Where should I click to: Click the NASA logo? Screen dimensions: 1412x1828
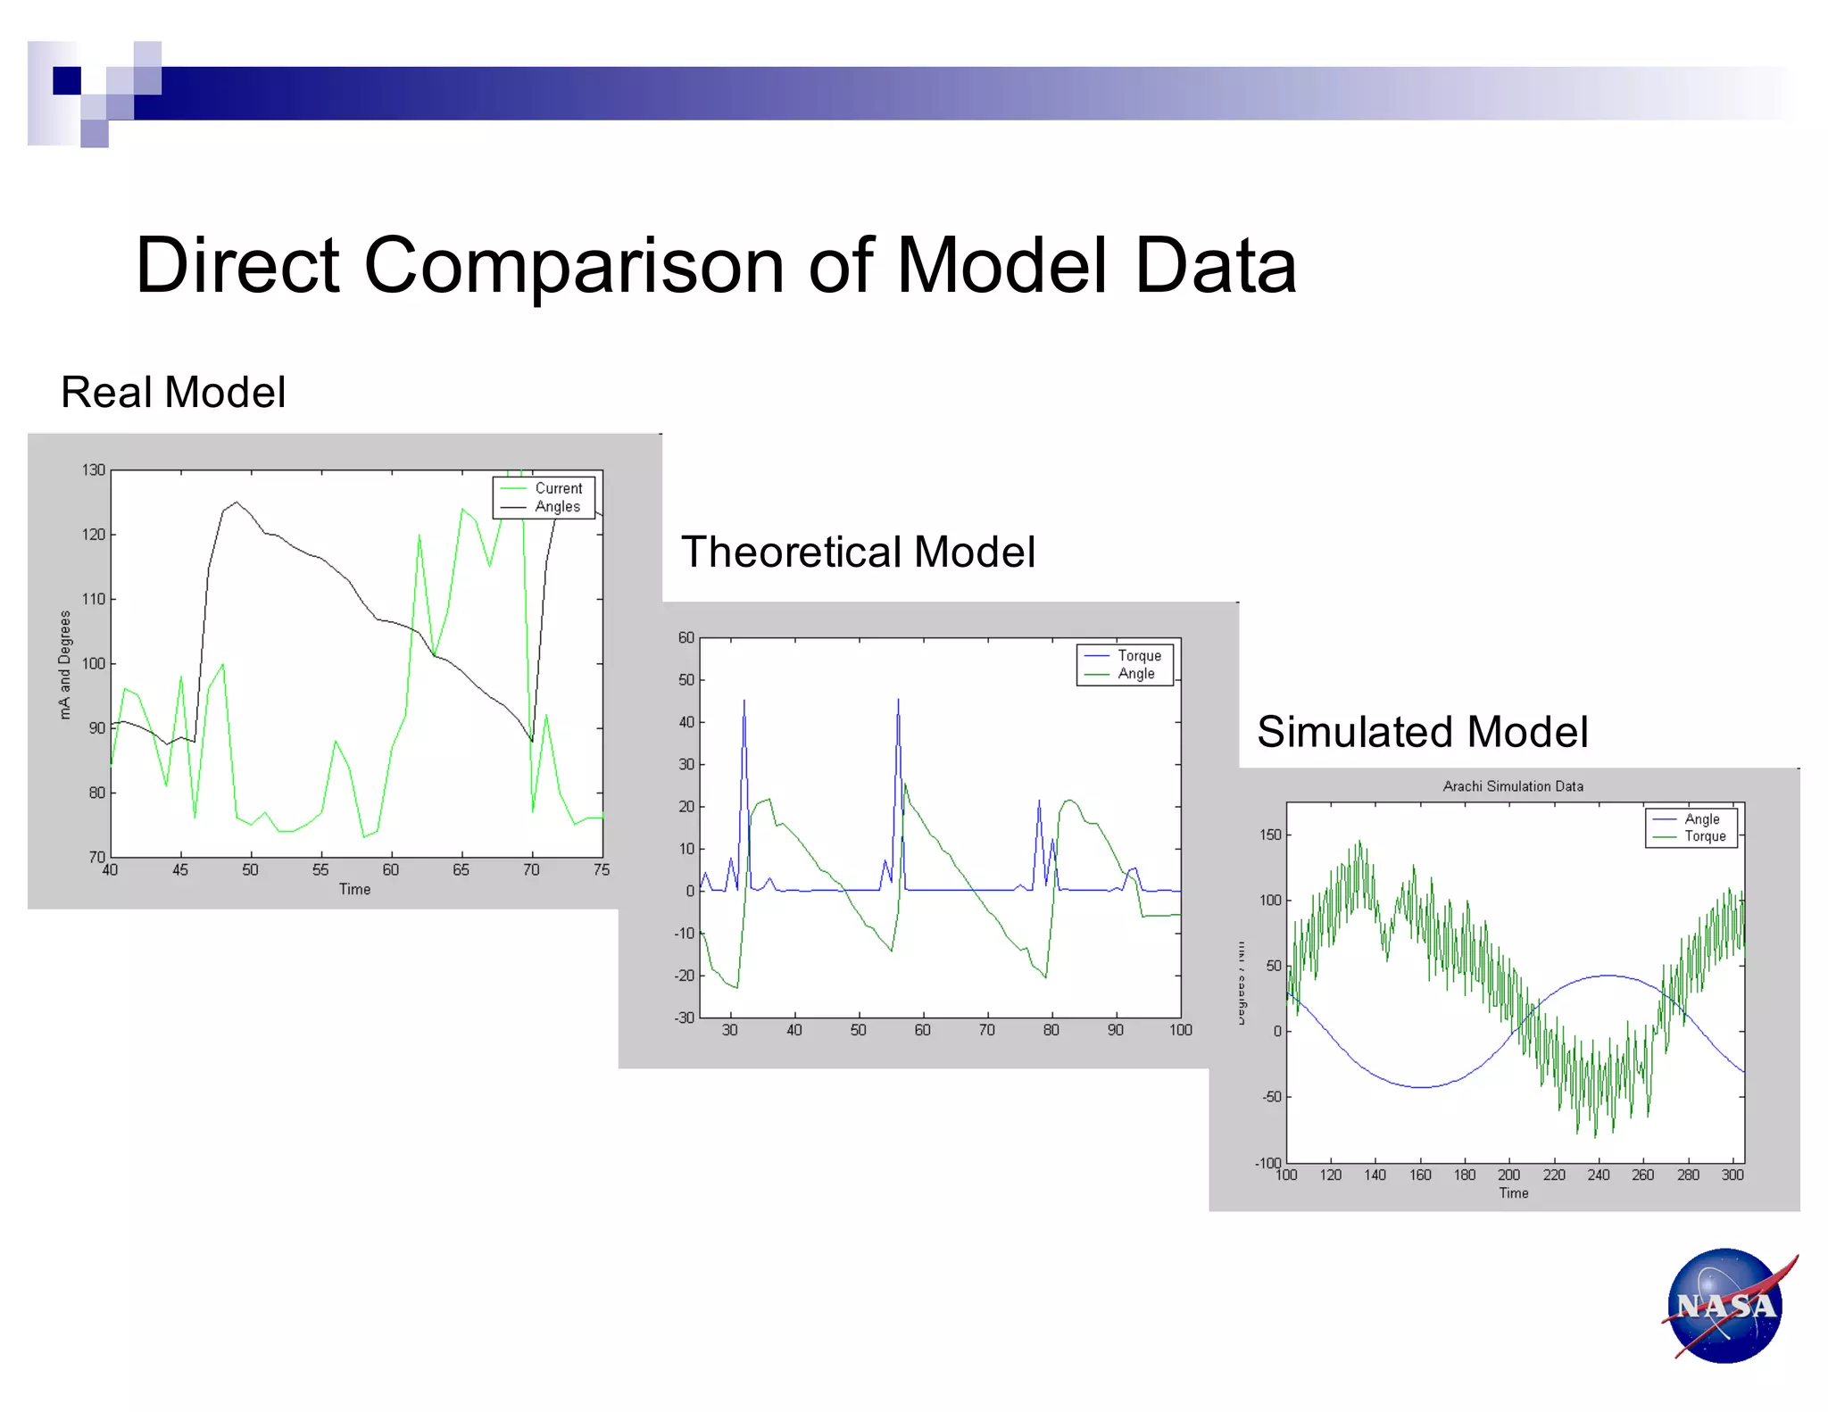click(1726, 1305)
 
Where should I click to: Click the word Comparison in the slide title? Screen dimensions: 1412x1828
click(574, 265)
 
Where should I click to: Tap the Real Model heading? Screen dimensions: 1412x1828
click(173, 392)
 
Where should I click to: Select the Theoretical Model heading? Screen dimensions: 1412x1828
click(858, 552)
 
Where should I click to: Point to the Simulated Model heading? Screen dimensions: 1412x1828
click(1422, 732)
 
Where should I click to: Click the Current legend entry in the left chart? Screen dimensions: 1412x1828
click(558, 488)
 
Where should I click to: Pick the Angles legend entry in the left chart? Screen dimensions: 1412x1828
click(557, 506)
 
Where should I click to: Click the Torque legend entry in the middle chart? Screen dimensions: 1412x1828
click(1139, 655)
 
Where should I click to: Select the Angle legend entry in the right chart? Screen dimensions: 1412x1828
click(1701, 818)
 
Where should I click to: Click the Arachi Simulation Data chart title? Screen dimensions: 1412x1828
click(1513, 786)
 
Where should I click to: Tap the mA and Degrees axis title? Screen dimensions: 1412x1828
click(64, 664)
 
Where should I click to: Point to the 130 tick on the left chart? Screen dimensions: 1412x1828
click(94, 469)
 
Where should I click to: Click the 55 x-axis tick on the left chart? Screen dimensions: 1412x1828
click(320, 869)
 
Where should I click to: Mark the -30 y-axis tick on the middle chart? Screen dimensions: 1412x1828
click(685, 1017)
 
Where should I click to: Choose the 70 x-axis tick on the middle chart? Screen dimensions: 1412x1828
click(986, 1030)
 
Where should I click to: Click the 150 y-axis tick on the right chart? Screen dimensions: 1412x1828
click(1270, 835)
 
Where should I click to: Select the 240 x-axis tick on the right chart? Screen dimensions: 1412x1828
click(1598, 1175)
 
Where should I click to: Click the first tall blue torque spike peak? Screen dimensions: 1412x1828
click(744, 702)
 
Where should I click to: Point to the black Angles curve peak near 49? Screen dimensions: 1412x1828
click(237, 503)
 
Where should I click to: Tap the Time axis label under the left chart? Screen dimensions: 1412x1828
click(354, 889)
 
